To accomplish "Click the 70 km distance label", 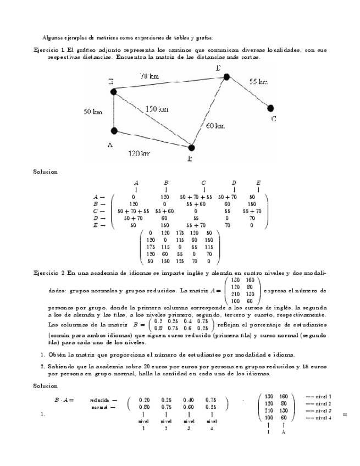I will click(149, 76).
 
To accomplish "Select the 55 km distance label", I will click(258, 81).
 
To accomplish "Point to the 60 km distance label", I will click(215, 126).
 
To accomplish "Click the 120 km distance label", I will click(139, 154).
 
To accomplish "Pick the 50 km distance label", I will click(93, 112).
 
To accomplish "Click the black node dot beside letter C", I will click(270, 108).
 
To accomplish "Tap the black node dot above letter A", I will click(114, 131).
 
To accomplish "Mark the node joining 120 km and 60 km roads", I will click(191, 147).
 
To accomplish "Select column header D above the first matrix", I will click(234, 182).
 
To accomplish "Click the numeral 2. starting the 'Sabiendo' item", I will click(42, 365).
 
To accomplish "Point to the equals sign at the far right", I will click(345, 414).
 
